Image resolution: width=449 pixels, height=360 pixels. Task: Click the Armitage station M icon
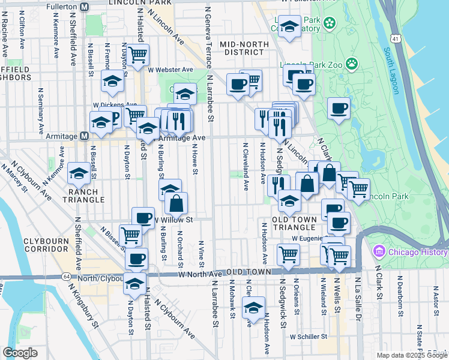click(85, 136)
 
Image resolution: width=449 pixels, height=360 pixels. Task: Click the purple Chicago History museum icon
click(379, 251)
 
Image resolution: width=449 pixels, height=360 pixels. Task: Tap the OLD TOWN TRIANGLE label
click(294, 223)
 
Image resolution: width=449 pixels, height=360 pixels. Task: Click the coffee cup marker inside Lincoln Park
click(339, 108)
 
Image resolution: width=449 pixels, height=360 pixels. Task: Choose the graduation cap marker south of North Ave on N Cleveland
click(254, 308)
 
